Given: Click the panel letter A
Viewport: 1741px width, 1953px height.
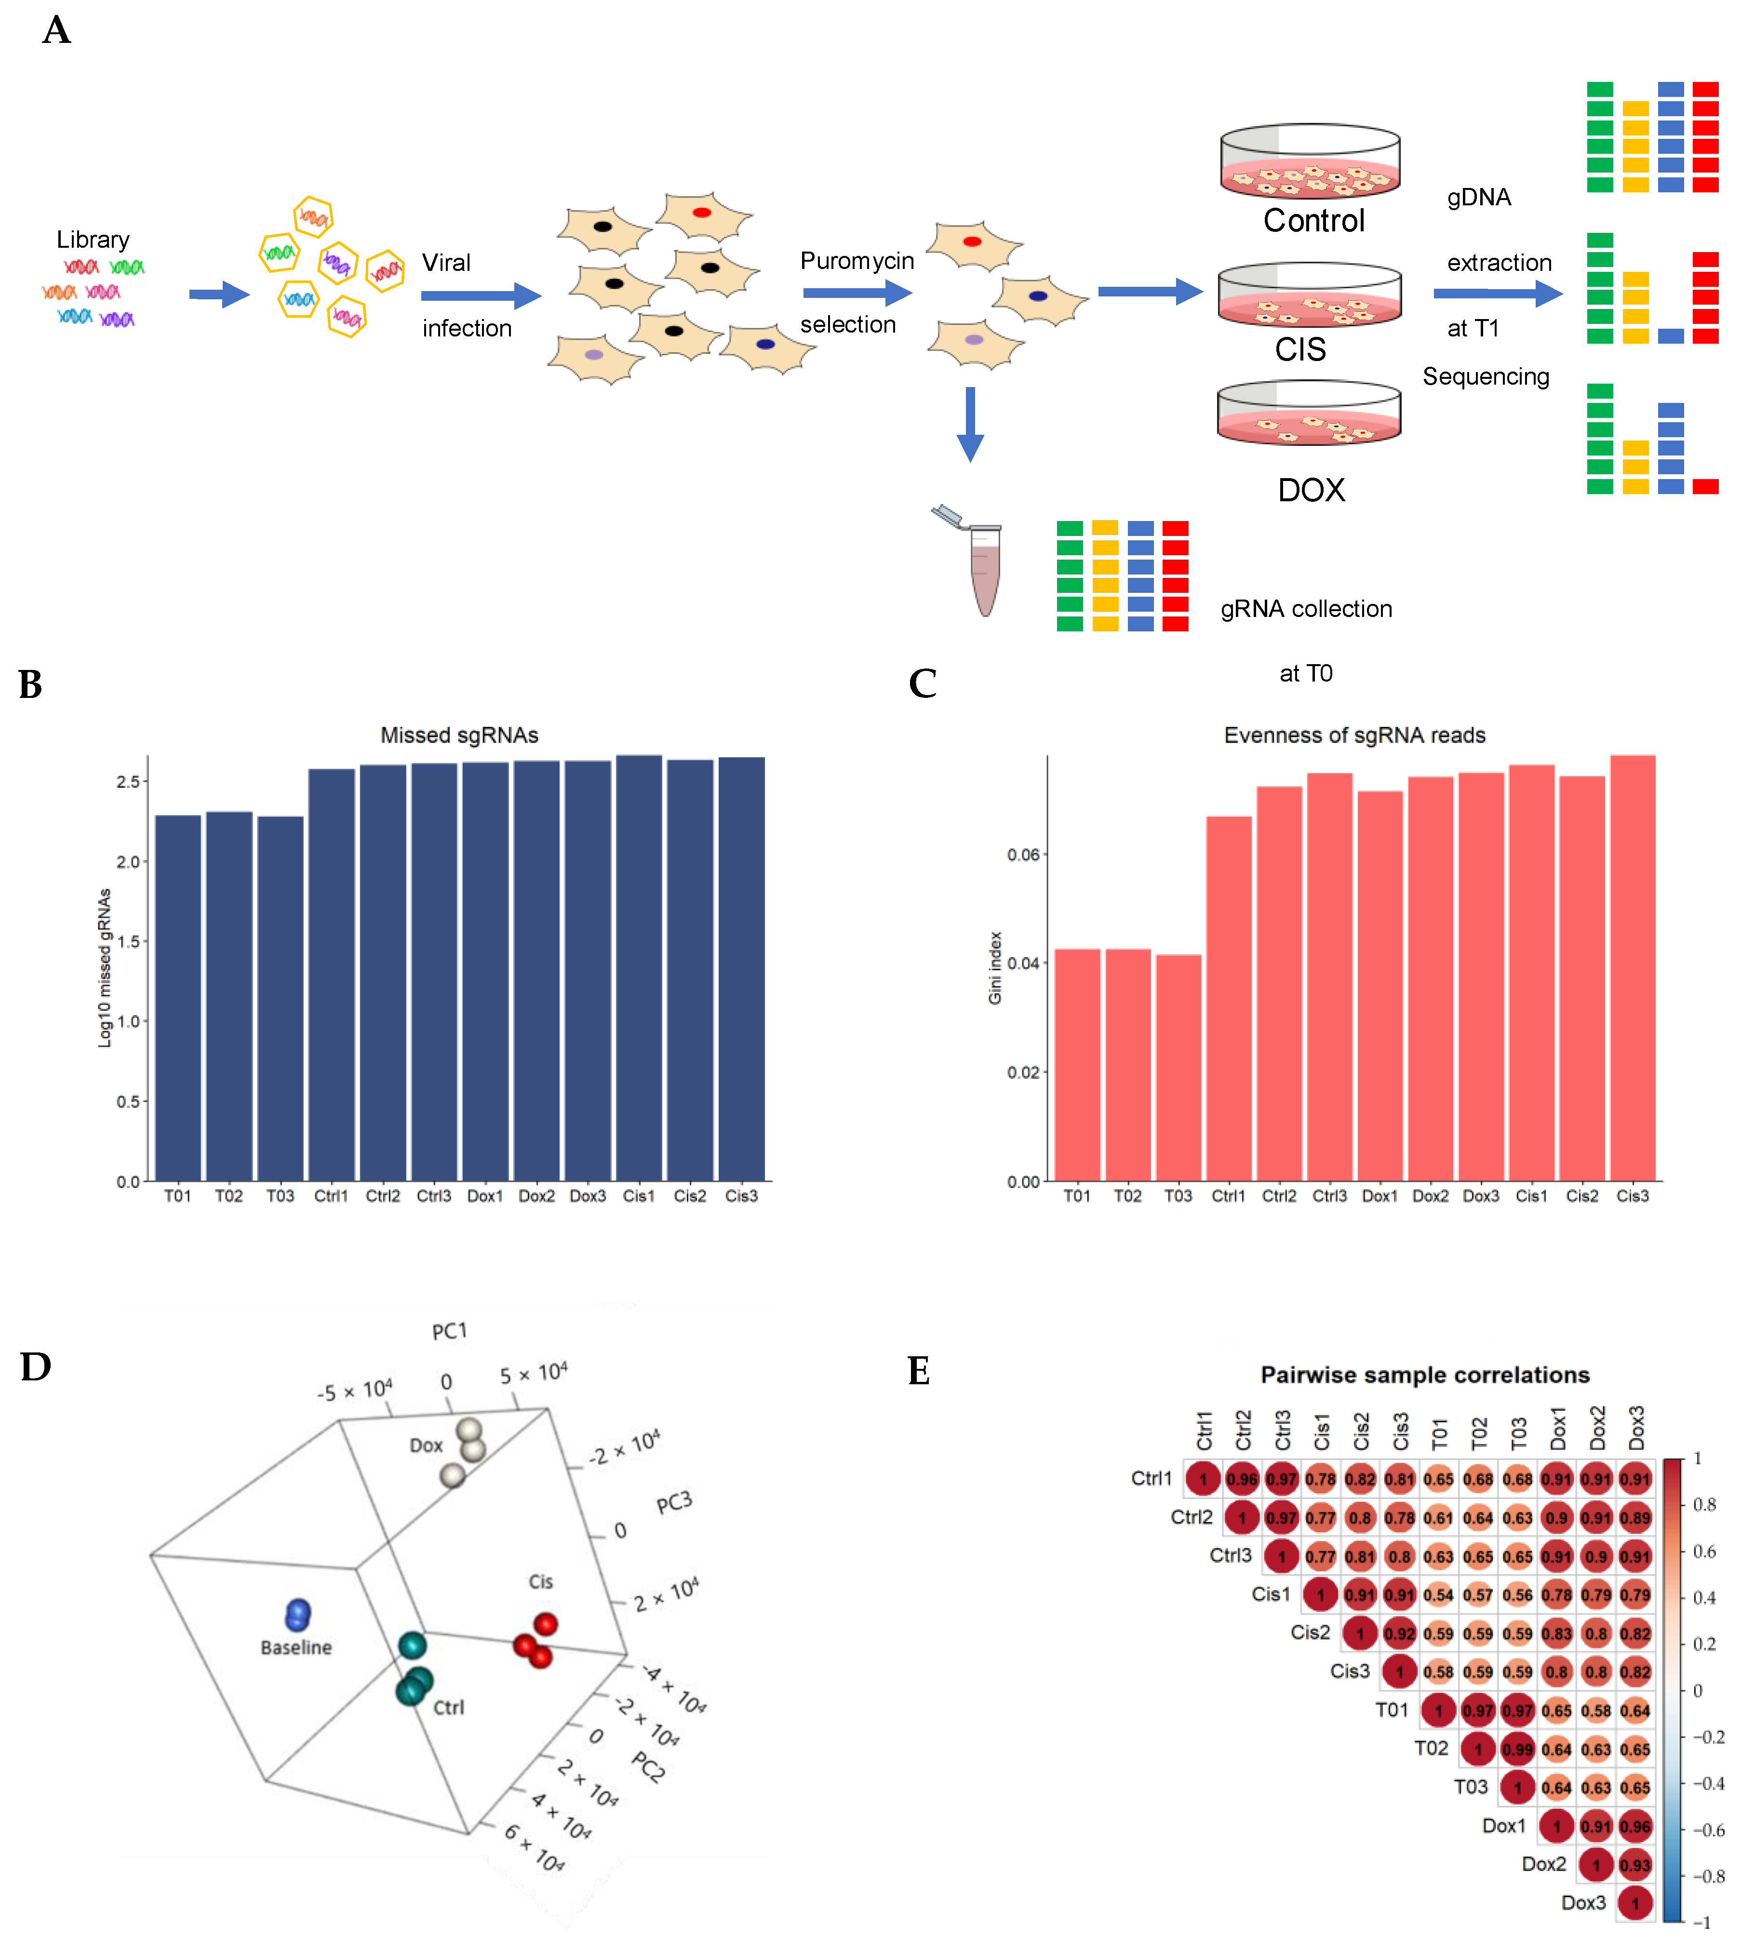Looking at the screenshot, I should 56,30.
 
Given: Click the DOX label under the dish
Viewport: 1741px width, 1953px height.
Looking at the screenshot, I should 1311,490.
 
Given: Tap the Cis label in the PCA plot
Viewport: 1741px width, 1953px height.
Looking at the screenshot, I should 540,1582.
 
